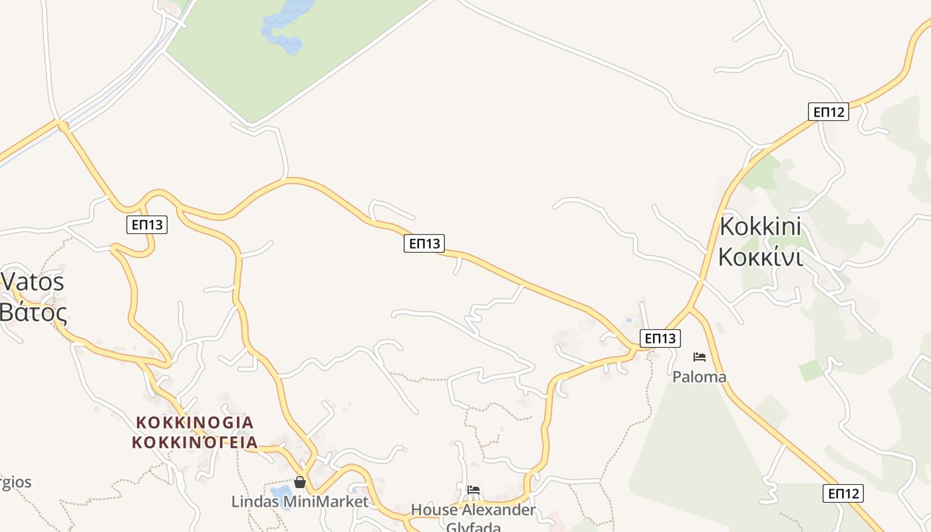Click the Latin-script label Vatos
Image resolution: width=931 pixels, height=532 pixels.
[x=33, y=281]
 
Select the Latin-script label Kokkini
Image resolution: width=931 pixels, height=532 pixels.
[x=760, y=226]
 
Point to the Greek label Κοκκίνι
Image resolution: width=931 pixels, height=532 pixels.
[x=760, y=256]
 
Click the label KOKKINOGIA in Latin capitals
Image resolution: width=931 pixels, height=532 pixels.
[x=194, y=422]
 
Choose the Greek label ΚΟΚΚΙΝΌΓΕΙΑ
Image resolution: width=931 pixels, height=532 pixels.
[x=194, y=442]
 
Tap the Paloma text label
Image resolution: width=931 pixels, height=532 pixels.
[x=699, y=377]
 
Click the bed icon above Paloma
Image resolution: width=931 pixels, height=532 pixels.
[x=699, y=357]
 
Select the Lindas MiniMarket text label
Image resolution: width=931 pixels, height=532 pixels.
[x=299, y=501]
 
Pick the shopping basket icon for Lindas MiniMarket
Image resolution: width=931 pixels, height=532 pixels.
[x=300, y=482]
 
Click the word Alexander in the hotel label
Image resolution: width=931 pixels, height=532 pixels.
[x=498, y=510]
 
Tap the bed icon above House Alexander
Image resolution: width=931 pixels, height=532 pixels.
[x=473, y=491]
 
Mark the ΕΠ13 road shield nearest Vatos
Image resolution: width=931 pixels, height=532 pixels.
[x=147, y=225]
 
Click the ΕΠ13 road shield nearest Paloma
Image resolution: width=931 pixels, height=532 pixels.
[x=660, y=338]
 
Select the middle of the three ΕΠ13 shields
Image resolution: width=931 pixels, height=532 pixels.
[x=424, y=243]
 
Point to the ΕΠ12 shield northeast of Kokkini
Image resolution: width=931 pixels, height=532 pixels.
[x=829, y=112]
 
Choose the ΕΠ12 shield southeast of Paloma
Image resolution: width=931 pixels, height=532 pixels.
[x=843, y=493]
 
